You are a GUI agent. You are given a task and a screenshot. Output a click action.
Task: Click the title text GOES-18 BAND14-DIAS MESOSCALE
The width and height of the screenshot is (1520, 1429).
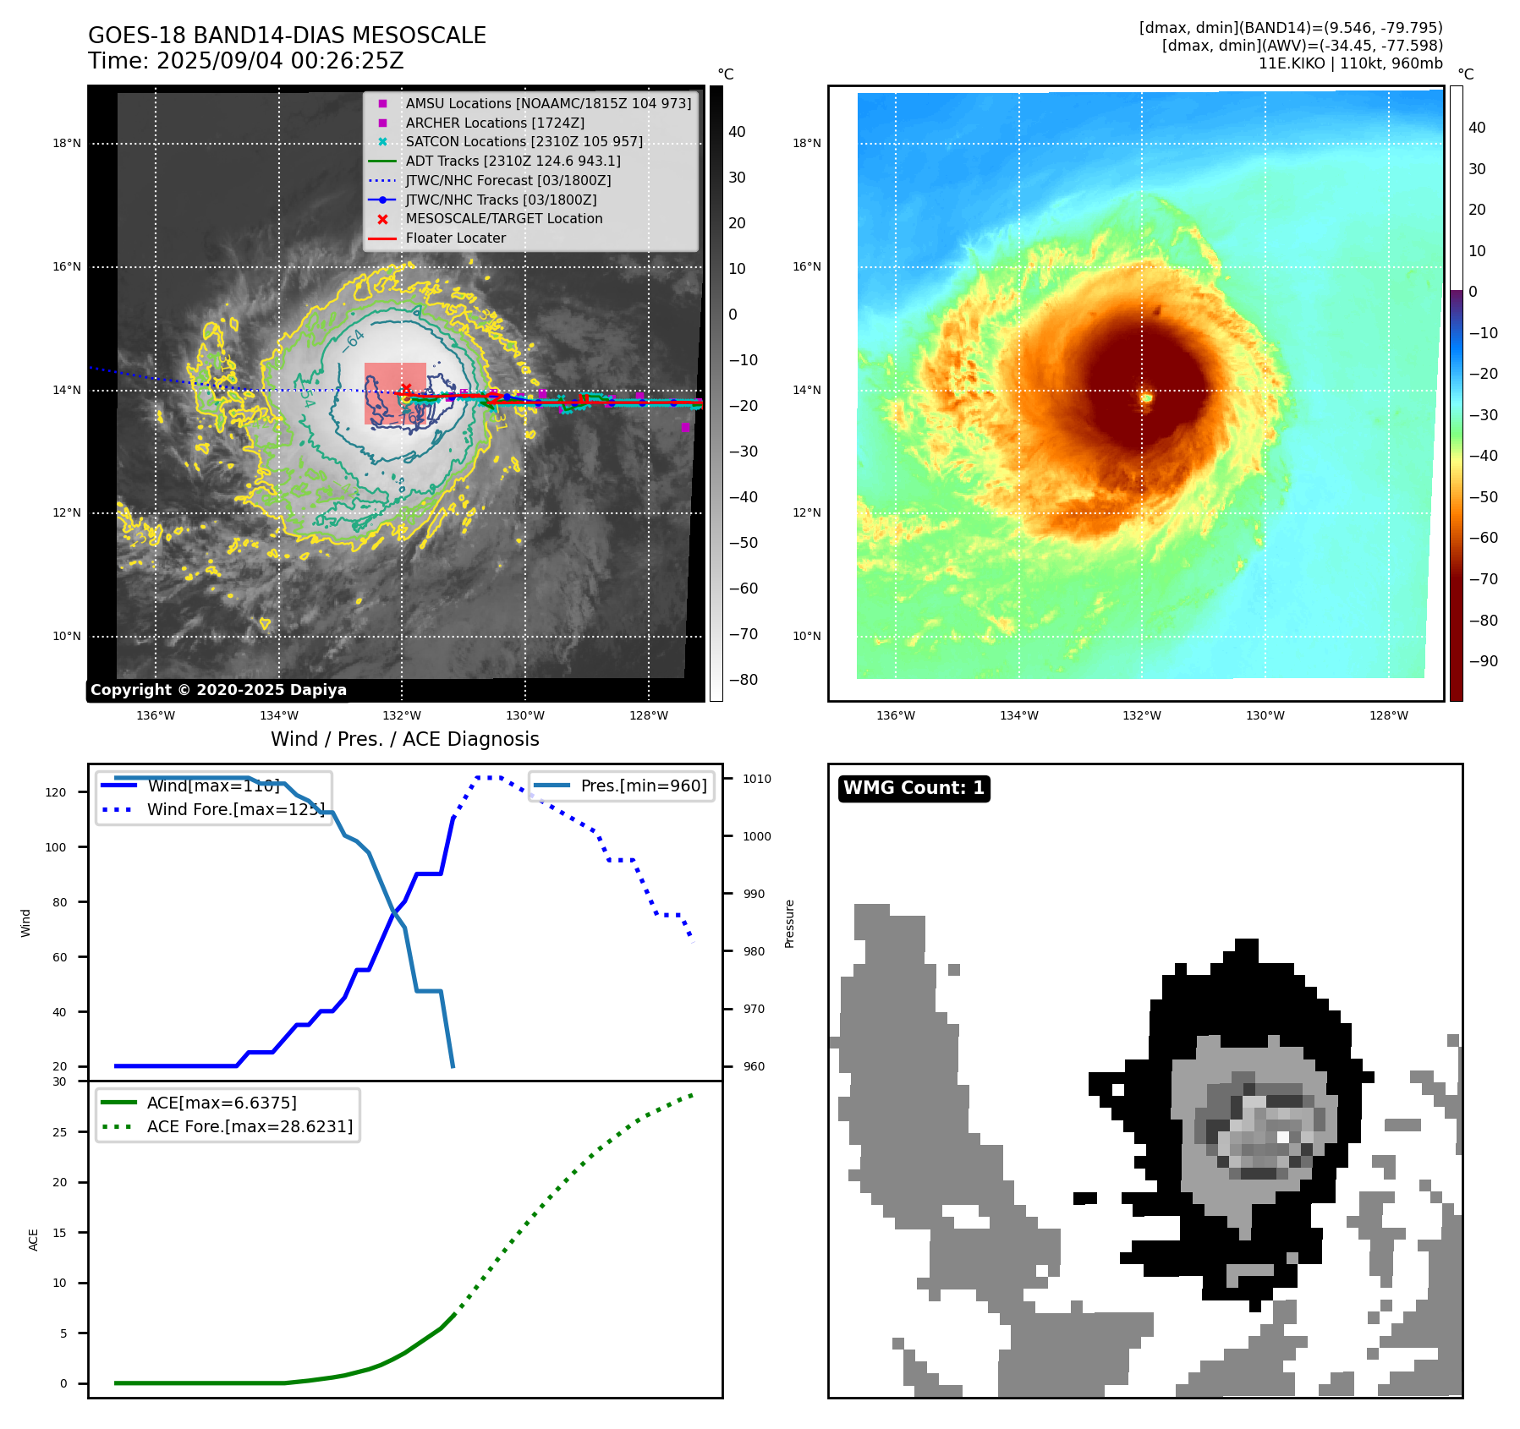tap(287, 36)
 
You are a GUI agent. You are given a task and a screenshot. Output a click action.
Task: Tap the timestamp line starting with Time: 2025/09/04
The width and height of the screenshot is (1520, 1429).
tap(245, 62)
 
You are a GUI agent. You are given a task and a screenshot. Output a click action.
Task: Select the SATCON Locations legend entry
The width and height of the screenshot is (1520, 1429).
tap(524, 142)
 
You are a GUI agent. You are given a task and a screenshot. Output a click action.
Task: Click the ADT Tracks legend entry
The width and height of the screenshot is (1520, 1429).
tap(513, 161)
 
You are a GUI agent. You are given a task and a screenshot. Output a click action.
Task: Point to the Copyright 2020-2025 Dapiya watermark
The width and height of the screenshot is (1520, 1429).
tap(218, 690)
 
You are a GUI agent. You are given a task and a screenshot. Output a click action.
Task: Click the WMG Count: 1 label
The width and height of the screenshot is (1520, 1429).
tap(914, 788)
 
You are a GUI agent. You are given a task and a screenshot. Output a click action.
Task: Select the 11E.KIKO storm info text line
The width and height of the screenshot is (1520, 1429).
tap(1350, 63)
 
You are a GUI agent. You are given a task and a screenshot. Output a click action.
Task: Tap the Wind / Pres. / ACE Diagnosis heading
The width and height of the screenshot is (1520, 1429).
tap(404, 739)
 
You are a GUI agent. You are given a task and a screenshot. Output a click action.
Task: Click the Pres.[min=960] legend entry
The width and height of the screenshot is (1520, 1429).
tap(643, 786)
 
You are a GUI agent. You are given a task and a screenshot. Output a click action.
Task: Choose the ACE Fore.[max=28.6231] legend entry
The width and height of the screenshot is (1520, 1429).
tap(250, 1126)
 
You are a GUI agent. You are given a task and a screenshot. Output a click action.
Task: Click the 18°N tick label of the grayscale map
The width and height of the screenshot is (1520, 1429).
tap(67, 144)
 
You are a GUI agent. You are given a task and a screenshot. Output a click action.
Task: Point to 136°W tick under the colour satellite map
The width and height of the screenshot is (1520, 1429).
tap(895, 715)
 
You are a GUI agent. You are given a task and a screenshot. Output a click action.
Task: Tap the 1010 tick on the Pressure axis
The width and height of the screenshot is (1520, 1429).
tap(757, 779)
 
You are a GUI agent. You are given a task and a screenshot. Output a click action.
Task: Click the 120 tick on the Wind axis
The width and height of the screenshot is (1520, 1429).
tap(56, 792)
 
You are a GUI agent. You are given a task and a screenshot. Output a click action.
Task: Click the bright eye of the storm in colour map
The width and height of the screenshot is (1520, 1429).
tap(1146, 397)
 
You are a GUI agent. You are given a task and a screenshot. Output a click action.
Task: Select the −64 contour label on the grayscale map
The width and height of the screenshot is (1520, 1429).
tap(354, 341)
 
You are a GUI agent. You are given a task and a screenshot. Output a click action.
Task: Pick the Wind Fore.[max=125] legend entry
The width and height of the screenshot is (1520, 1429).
tap(235, 809)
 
